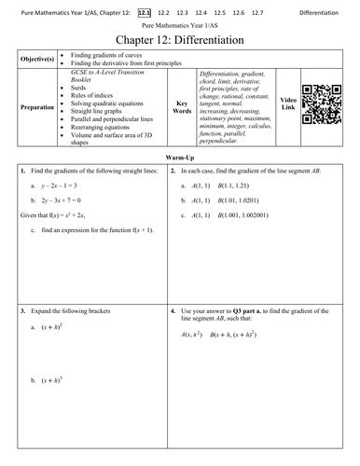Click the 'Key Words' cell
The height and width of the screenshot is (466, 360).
click(184, 107)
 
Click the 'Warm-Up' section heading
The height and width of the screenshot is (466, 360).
click(180, 159)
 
